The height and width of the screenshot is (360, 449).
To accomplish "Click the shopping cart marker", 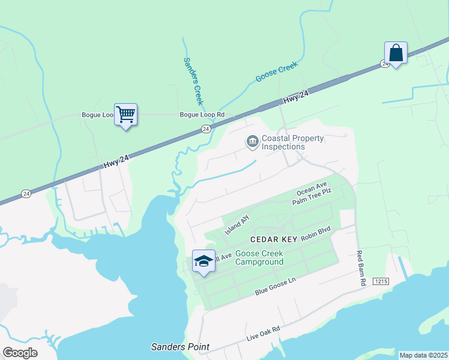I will pyautogui.click(x=125, y=113).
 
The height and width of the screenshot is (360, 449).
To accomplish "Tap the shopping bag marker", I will pyautogui.click(x=396, y=52).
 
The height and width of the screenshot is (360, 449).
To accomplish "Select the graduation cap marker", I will pyautogui.click(x=203, y=261).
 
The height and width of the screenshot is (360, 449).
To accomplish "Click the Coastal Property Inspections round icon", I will pyautogui.click(x=252, y=142).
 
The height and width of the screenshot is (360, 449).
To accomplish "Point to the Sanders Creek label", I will pyautogui.click(x=193, y=81).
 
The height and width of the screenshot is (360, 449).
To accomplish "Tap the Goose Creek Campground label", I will pyautogui.click(x=259, y=258).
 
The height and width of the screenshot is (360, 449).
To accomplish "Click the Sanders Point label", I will pyautogui.click(x=180, y=347).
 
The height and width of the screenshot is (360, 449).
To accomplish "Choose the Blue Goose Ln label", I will pyautogui.click(x=276, y=287).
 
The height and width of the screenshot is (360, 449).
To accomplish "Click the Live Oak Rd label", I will pyautogui.click(x=264, y=335).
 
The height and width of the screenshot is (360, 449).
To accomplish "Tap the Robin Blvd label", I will pyautogui.click(x=316, y=234).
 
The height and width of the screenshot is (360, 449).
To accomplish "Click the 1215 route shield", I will pyautogui.click(x=381, y=281).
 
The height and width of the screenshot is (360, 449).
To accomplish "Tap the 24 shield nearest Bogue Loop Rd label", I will pyautogui.click(x=206, y=129).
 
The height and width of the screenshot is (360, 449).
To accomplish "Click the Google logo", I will pyautogui.click(x=20, y=353).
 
